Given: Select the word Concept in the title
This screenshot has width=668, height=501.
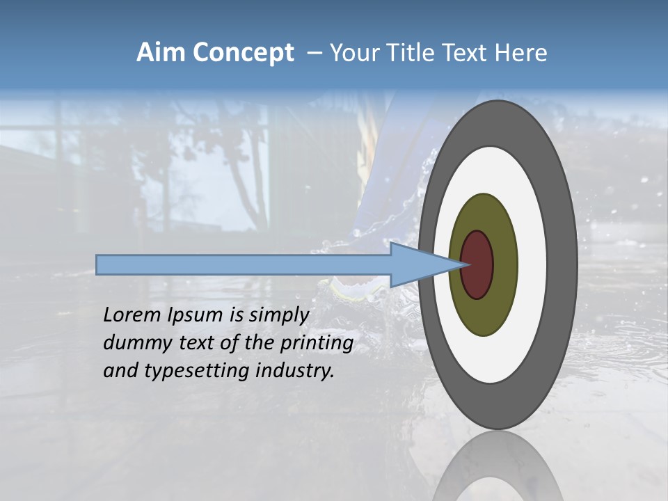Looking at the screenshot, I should click(244, 54).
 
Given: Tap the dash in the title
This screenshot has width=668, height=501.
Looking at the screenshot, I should click(315, 54).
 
